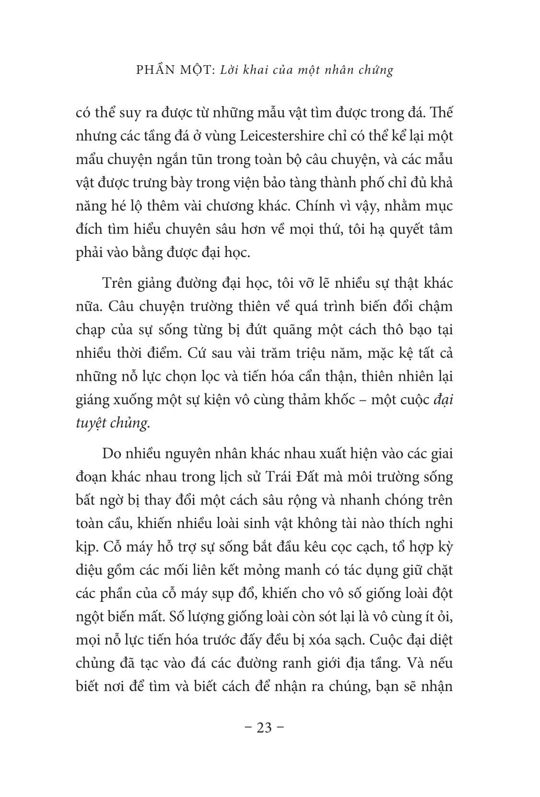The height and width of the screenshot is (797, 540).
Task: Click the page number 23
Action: (265, 728)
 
